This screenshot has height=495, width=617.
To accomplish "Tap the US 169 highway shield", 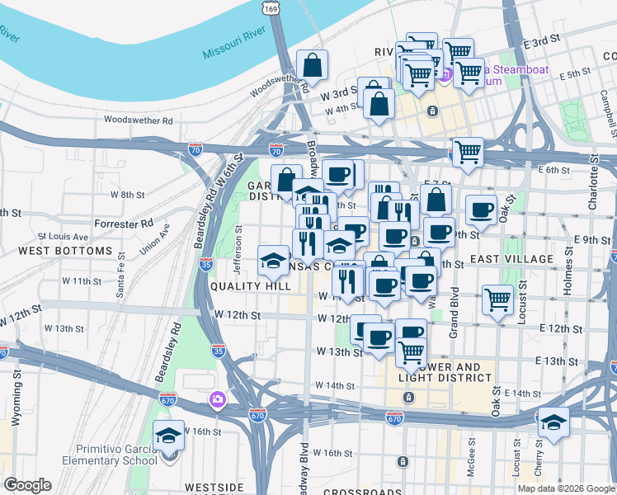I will (271, 7).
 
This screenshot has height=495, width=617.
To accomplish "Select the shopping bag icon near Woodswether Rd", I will (312, 64).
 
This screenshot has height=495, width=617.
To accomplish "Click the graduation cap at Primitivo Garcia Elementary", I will (168, 436).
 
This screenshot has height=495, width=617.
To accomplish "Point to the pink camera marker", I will (217, 400).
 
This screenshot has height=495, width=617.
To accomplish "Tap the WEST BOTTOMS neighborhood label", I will (64, 250).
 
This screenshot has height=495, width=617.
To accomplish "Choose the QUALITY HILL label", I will (250, 285).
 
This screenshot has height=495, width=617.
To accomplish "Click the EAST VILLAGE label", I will (511, 259).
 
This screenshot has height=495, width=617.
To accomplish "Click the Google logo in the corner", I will (27, 485).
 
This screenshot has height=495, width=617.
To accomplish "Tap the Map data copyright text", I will (566, 488).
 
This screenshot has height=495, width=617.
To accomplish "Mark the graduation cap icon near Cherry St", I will (554, 422).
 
